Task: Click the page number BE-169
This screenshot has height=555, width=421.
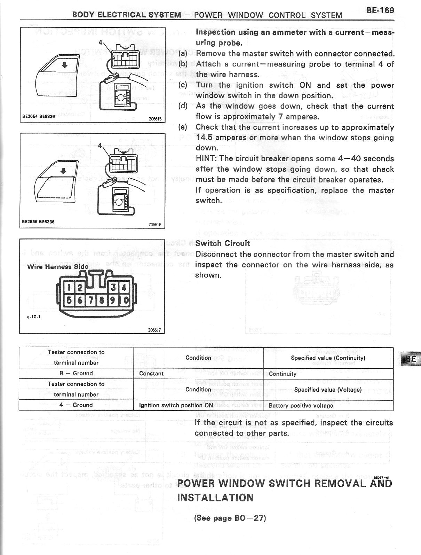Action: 380,10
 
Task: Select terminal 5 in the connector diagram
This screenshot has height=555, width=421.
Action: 69,300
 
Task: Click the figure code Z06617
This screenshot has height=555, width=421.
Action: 154,330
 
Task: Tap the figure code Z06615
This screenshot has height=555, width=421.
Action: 154,118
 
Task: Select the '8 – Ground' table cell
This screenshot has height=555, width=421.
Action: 76,373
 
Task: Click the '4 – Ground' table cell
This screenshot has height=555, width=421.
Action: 76,405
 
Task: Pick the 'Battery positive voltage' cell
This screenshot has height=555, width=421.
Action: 301,405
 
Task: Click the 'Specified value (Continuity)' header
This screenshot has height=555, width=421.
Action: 328,358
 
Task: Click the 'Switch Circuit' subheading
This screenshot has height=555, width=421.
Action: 223,243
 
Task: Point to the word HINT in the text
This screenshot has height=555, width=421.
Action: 206,159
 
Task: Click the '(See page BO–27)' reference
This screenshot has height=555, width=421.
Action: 230,518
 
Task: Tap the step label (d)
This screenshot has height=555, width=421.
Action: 183,106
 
